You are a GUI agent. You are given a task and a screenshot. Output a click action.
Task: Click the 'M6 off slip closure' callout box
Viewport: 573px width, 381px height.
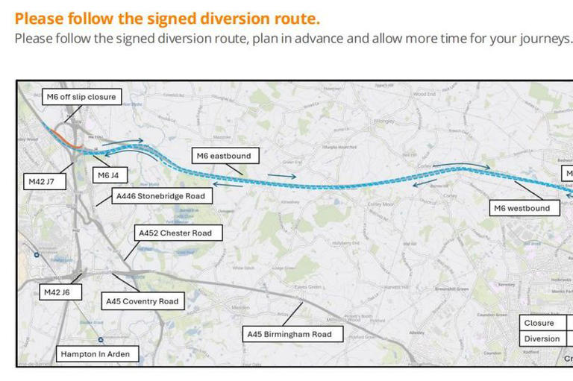pos(81,97)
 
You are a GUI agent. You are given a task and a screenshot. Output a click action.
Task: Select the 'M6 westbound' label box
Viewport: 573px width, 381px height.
pos(522,208)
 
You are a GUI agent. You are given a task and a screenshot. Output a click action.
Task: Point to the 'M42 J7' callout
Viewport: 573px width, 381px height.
pos(41,181)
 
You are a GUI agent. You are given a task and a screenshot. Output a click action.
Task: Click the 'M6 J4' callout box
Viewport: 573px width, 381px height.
pos(108,175)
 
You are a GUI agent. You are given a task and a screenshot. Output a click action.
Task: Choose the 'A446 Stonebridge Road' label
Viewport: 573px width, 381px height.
pos(160,196)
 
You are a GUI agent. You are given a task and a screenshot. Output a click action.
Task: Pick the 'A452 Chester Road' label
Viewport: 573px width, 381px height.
pos(175,233)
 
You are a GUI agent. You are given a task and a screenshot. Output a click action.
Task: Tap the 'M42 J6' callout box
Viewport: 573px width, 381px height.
pos(57,292)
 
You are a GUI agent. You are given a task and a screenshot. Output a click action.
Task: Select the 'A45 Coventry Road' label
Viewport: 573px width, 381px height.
pos(142,301)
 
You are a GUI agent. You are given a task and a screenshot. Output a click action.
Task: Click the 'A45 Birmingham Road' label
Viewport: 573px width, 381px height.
pos(289,334)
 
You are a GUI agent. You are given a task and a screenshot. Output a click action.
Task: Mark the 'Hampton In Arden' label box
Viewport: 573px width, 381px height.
pos(95,354)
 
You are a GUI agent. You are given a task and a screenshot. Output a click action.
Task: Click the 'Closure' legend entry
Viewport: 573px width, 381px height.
pos(539,323)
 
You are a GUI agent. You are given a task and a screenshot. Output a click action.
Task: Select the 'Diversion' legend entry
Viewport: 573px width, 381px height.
pos(542,339)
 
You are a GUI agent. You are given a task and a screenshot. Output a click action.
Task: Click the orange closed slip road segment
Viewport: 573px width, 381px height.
pos(63,139)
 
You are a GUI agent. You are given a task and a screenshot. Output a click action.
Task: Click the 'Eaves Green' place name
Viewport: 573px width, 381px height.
pos(307,286)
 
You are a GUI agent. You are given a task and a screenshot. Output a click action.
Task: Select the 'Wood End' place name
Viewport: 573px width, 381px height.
pos(424,95)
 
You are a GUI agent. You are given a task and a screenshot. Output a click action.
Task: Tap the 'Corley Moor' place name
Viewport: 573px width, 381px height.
pos(381,204)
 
